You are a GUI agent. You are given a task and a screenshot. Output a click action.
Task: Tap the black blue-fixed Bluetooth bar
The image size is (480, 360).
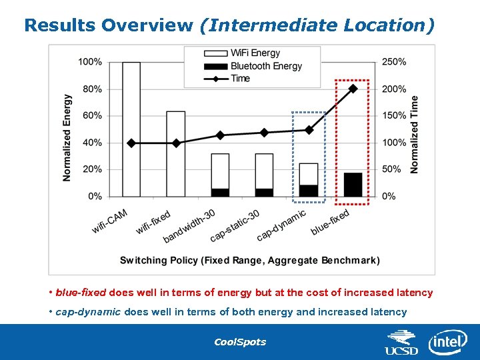coord(353,185)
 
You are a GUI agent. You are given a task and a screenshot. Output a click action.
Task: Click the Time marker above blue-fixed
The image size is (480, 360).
coord(353,88)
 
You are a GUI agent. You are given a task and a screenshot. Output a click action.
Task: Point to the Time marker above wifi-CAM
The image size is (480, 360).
coord(131,143)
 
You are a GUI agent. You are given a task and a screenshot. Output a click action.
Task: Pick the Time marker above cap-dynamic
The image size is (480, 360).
coord(309,130)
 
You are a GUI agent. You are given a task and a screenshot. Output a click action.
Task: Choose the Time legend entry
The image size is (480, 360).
coord(240,79)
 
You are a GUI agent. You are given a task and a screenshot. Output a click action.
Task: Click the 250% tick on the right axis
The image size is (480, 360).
coord(393,62)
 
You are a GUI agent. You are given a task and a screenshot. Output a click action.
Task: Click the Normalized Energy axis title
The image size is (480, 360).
coord(67,137)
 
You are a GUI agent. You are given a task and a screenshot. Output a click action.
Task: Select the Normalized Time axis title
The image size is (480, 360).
coord(415,135)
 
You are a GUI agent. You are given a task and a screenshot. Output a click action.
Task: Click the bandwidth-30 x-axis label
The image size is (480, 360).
coord(190,226)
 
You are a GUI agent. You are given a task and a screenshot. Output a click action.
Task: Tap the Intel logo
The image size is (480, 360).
coord(447,341)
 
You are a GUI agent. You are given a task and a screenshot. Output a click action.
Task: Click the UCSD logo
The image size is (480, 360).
coord(401,343)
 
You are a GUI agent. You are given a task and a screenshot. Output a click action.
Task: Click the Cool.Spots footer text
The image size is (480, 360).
coord(239,342)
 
